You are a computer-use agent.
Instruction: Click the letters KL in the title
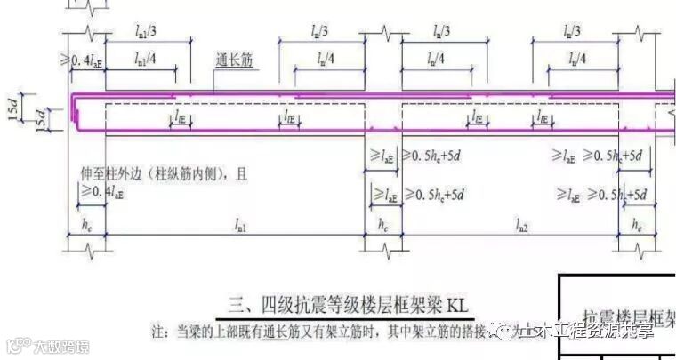pyautogui.click(x=461, y=306)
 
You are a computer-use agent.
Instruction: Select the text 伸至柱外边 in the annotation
pyautogui.click(x=110, y=174)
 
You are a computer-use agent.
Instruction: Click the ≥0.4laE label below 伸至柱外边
pyautogui.click(x=102, y=191)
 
